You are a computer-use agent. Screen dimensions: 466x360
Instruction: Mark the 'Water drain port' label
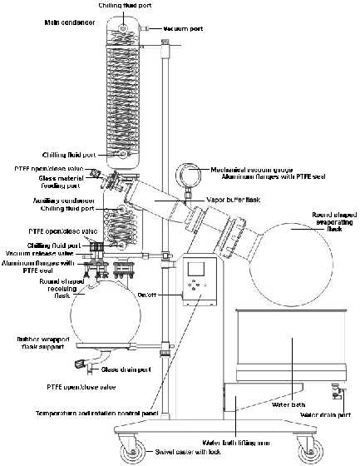[x=326, y=414]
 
